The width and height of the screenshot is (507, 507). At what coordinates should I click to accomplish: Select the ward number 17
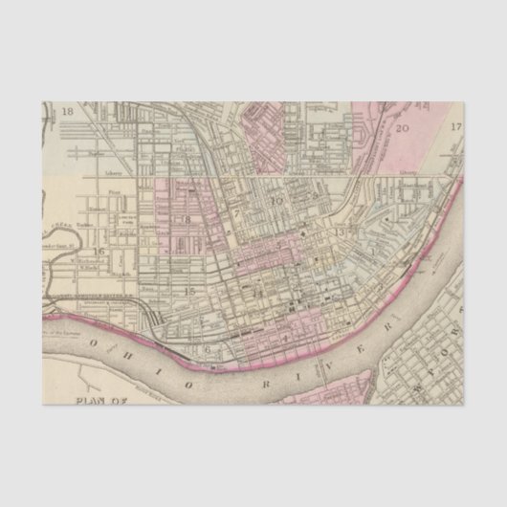pyautogui.click(x=456, y=126)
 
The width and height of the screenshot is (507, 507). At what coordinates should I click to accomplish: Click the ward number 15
pyautogui.click(x=189, y=291)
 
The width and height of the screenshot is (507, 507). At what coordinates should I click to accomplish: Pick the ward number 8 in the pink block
pyautogui.click(x=187, y=220)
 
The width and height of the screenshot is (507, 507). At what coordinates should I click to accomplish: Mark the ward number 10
pyautogui.click(x=278, y=201)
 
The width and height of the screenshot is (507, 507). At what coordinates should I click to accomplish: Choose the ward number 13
pyautogui.click(x=339, y=232)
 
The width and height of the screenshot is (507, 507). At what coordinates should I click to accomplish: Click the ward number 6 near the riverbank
pyautogui.click(x=206, y=350)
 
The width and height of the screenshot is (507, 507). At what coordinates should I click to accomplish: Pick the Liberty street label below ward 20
pyautogui.click(x=408, y=173)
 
